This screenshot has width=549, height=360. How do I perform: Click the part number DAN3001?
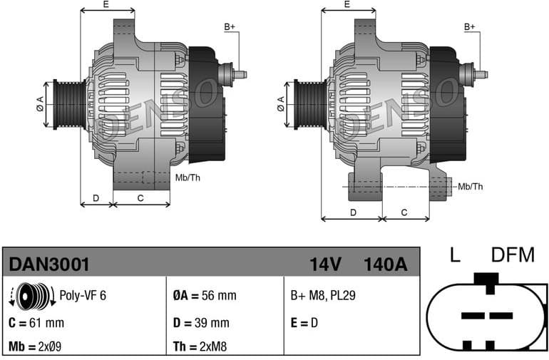click(49, 264)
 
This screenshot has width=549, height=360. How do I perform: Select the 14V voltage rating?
click(325, 264)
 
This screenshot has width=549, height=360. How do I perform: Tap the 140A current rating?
click(385, 264)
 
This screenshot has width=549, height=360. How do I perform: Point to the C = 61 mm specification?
click(36, 323)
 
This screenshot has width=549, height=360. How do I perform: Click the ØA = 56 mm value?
click(204, 296)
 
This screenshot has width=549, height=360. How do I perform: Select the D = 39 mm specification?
click(201, 323)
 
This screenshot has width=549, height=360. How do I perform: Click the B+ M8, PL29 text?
click(322, 296)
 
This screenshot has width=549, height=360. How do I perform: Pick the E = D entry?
click(304, 323)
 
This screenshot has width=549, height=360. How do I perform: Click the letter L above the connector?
click(454, 254)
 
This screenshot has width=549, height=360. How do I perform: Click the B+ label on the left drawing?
click(230, 27)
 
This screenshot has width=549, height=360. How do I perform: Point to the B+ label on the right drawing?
click(470, 27)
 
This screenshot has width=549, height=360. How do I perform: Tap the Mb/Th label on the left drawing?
click(187, 177)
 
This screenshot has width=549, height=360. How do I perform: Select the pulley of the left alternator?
click(70, 104)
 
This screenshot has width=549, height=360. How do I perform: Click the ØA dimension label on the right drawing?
click(281, 103)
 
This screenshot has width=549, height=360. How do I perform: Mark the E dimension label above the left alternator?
click(106, 5)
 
